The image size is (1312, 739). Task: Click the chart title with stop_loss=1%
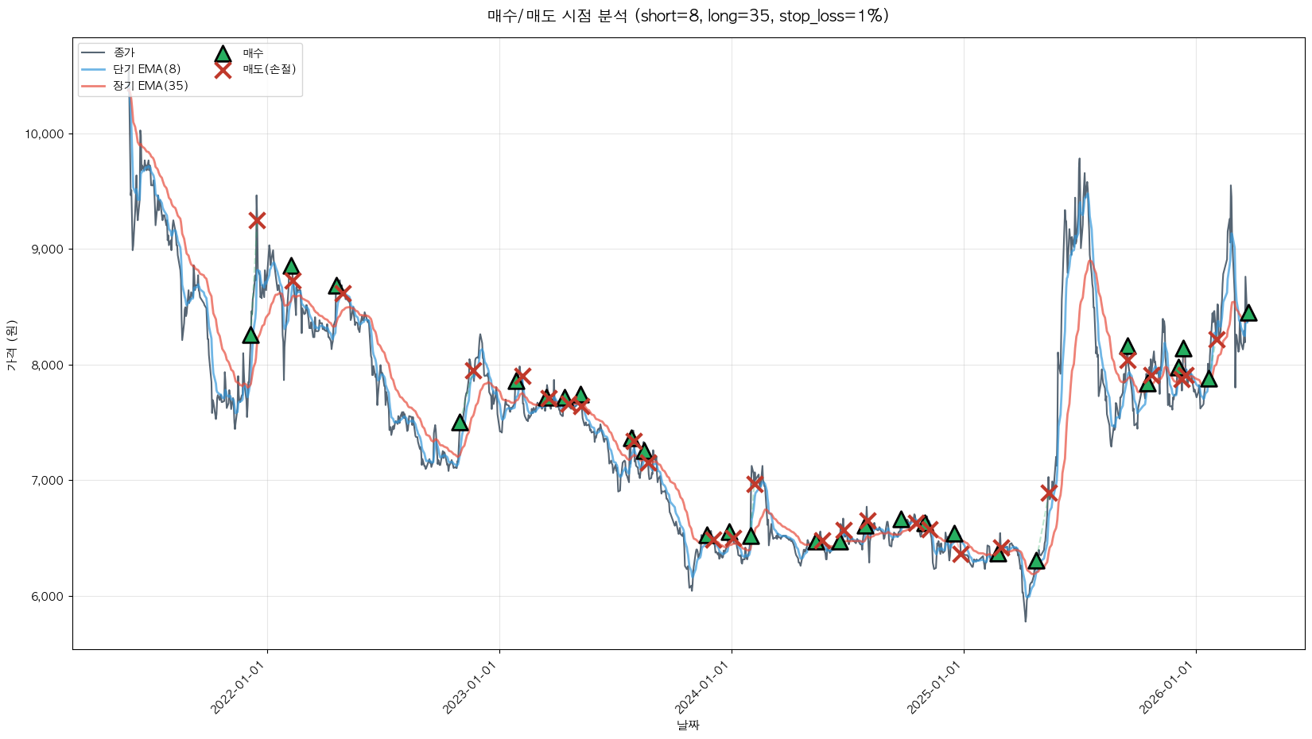point(688,16)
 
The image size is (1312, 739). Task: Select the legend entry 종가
point(124,52)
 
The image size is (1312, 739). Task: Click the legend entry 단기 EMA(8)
point(146,69)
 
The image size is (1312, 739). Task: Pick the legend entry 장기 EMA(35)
point(150,86)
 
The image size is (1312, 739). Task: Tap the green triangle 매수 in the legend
point(223,53)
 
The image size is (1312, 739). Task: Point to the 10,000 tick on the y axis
point(44,134)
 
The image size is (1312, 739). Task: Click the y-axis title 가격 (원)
point(11,345)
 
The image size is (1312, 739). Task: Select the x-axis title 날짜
point(688,725)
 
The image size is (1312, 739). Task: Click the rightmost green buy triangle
point(1248,313)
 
